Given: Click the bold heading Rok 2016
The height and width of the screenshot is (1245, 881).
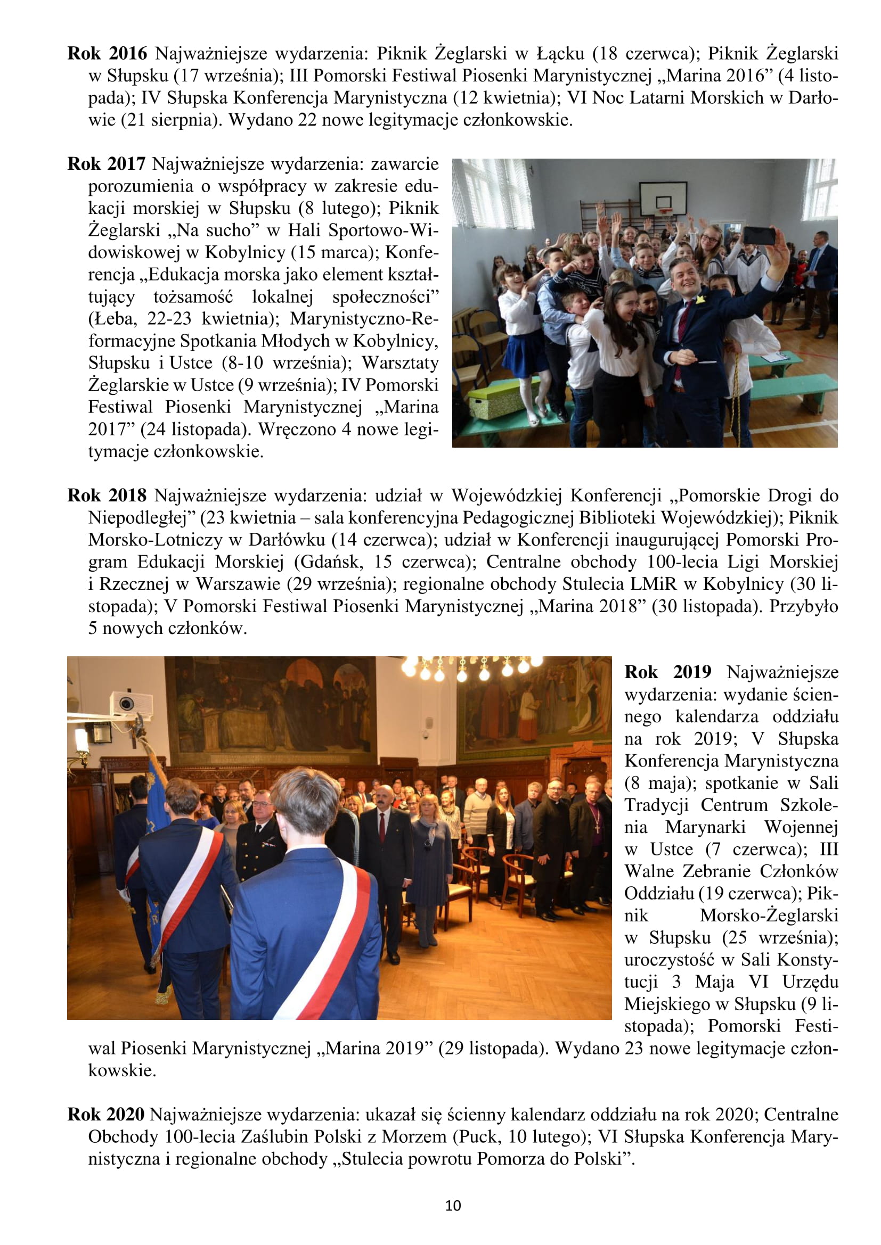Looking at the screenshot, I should pyautogui.click(x=107, y=54).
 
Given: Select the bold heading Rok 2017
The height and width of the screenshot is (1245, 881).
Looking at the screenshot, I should pyautogui.click(x=107, y=164).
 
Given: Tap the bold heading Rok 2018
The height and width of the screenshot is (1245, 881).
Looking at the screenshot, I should pyautogui.click(x=107, y=496).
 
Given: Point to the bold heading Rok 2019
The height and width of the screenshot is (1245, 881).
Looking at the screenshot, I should pyautogui.click(x=667, y=672).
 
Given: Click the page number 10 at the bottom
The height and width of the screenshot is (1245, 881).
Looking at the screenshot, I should pyautogui.click(x=452, y=1206).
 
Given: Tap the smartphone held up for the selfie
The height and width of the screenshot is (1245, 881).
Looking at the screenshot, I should pyautogui.click(x=758, y=235).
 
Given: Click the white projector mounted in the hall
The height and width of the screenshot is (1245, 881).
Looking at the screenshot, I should pyautogui.click(x=130, y=703).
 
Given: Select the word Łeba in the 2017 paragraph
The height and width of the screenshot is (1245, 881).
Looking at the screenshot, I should pyautogui.click(x=112, y=319).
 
